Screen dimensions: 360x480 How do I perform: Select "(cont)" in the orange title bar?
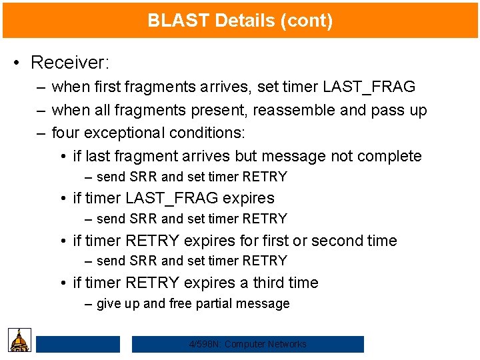click(x=307, y=21)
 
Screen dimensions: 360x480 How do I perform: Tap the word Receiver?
click(x=69, y=63)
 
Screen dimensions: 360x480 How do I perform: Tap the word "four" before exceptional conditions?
click(x=65, y=133)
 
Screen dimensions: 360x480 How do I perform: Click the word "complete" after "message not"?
click(x=389, y=156)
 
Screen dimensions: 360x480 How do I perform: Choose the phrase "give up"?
click(x=118, y=304)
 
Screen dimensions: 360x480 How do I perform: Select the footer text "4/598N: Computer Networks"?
click(x=247, y=344)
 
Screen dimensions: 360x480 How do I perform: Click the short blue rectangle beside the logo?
click(x=77, y=344)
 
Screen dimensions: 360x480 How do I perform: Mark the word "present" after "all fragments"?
click(x=221, y=110)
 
